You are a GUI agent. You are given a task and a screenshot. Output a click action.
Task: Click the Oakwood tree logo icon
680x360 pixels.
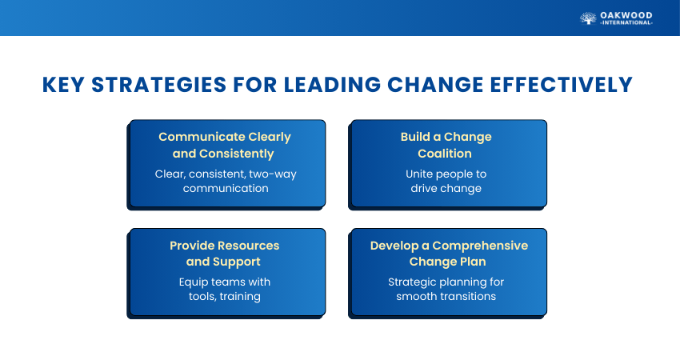pos(588,18)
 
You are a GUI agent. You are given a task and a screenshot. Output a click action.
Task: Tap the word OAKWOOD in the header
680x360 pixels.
pos(626,16)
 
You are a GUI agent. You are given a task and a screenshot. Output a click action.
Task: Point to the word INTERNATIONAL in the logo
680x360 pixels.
pos(626,22)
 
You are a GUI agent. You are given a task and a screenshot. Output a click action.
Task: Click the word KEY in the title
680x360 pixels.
pos(63,85)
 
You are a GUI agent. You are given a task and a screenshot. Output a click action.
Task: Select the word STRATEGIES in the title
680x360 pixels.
pos(158,85)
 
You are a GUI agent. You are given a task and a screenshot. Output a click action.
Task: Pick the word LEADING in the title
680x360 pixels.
pos(332,85)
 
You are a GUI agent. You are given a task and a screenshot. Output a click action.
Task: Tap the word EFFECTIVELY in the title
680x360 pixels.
pos(561,85)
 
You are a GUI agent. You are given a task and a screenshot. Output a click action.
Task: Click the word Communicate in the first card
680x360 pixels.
pos(202,137)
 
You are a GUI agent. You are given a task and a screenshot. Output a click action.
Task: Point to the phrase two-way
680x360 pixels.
pos(273,174)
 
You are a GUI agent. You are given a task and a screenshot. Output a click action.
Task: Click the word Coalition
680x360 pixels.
pos(445,154)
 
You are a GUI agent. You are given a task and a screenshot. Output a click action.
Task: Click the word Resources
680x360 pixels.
pos(252,246)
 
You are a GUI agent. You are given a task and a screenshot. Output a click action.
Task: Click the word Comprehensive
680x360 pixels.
pos(480,246)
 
